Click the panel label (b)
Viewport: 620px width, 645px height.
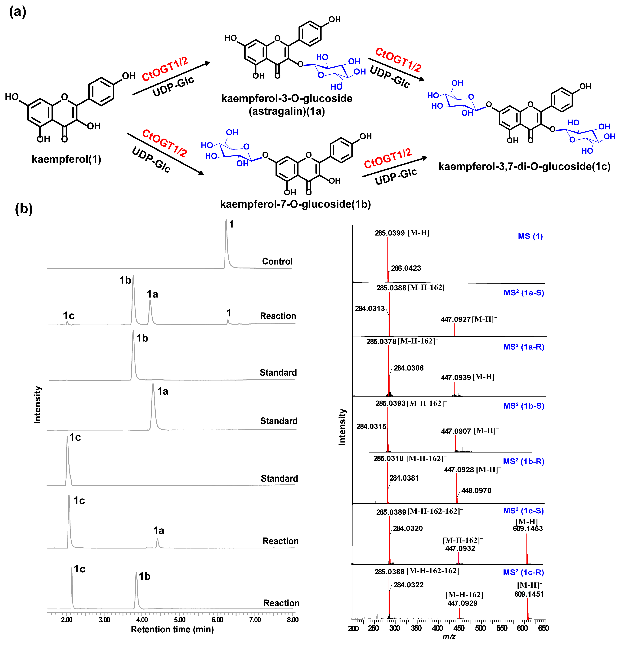(x=24, y=209)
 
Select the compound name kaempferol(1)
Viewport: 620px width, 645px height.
(x=66, y=159)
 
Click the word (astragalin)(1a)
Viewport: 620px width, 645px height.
(x=287, y=111)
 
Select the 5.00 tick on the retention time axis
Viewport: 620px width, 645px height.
(x=180, y=620)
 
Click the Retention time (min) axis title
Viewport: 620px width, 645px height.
(x=172, y=630)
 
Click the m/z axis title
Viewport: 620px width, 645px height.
(x=449, y=637)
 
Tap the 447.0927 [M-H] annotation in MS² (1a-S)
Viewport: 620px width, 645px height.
(x=468, y=319)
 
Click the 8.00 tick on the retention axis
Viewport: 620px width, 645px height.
(x=292, y=620)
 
